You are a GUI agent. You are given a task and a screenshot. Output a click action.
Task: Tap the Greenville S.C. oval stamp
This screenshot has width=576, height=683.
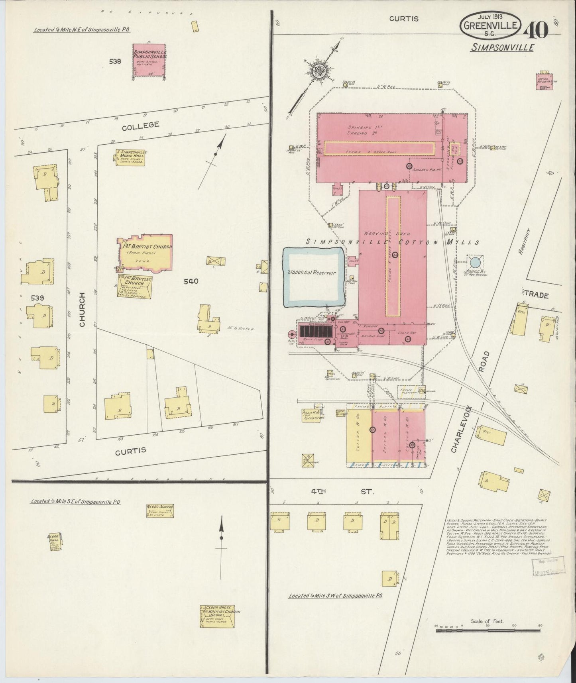point(491,26)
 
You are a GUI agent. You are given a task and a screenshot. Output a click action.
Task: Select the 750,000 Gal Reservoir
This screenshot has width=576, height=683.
point(313,277)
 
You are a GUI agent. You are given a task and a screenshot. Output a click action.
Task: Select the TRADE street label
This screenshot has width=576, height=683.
point(537,295)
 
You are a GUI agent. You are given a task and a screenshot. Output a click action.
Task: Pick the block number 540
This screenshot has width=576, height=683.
point(191,281)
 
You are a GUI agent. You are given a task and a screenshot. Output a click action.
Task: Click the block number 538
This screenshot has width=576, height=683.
point(115,61)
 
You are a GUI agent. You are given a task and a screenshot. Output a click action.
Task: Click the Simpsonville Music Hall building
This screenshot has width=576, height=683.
point(130,157)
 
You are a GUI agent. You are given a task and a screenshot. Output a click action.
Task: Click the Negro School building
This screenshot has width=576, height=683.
point(160,510)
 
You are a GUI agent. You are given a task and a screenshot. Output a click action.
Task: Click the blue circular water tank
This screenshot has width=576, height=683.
point(475,262)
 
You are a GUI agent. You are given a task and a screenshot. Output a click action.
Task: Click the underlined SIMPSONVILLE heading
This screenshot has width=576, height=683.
point(502,47)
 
